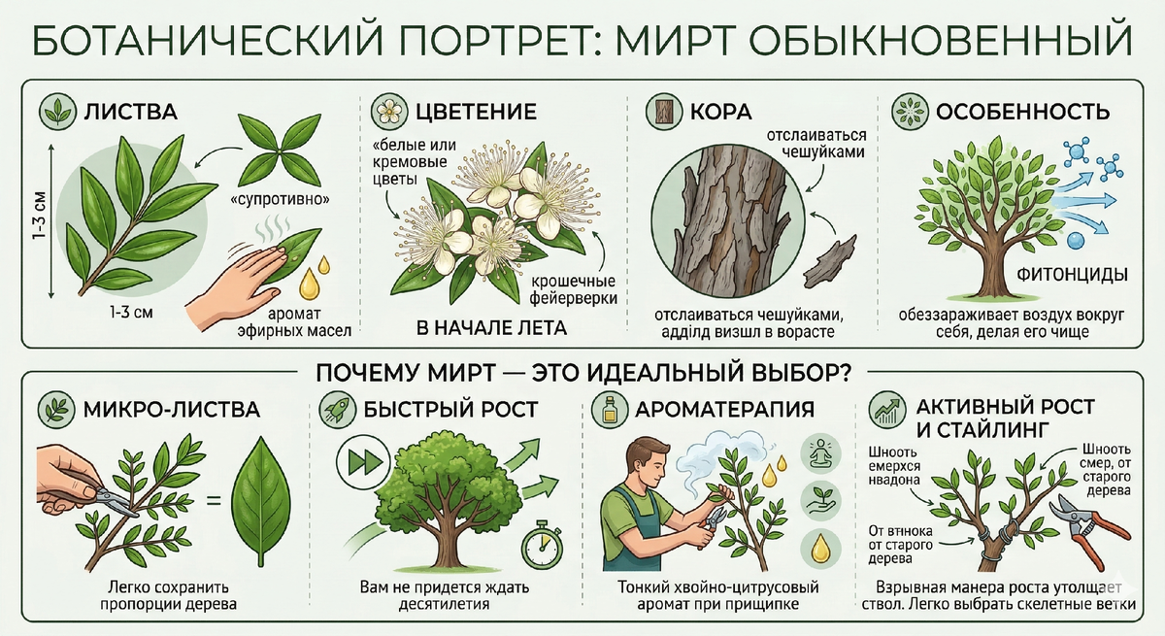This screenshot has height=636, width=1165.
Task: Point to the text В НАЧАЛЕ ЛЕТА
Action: coord(491,328)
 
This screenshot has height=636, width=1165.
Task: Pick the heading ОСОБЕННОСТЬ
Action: coord(1021,111)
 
